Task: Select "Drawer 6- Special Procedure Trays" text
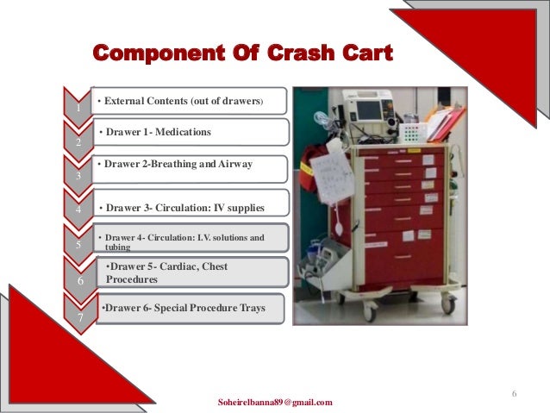[183, 308]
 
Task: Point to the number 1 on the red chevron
[78, 109]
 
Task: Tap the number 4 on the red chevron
[78, 210]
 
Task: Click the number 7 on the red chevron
[78, 318]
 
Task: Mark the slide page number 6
[514, 394]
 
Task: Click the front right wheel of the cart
[447, 305]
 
